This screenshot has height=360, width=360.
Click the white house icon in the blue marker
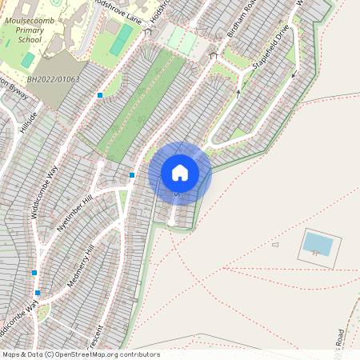coord(180,172)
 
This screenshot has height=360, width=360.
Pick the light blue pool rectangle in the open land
coord(318,243)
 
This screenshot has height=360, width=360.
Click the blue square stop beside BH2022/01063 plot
coord(100,94)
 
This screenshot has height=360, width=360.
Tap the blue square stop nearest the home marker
coord(132,174)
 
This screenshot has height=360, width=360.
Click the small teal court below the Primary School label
coord(29,60)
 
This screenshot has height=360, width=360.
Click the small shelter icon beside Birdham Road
coord(214,56)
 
